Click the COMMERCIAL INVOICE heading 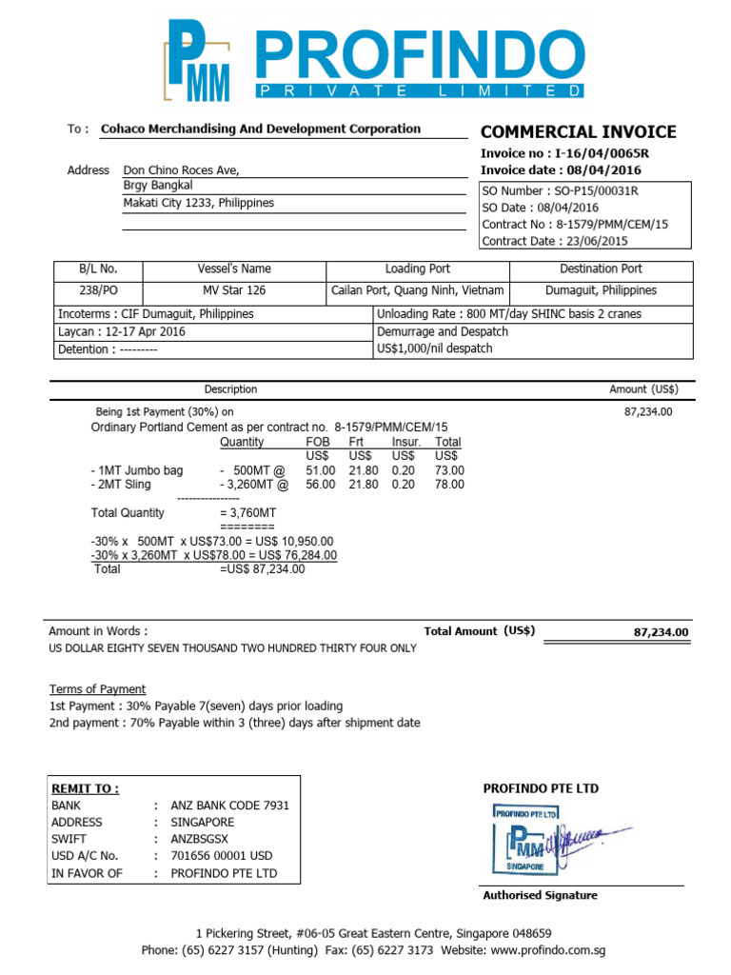coord(578,132)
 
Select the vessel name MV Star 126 coord(234,290)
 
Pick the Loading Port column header coord(417,269)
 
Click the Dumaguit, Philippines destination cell coord(601,290)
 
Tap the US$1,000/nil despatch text coord(435,348)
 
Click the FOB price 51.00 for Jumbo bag coord(320,470)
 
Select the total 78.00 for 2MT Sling coord(449,485)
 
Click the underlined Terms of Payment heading coord(97,689)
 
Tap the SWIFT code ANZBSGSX coord(199,839)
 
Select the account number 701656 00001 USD coord(221,856)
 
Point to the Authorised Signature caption coord(540,895)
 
